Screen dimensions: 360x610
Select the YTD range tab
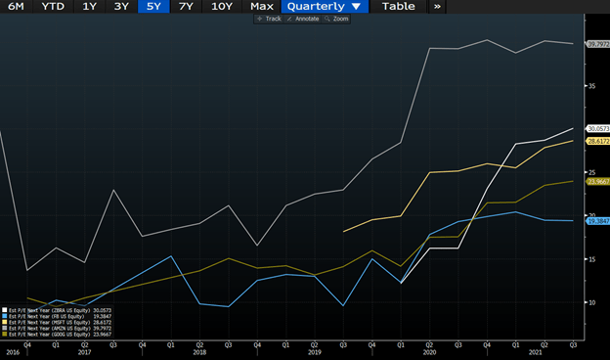pyautogui.click(x=54, y=7)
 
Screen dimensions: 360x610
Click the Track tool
pyautogui.click(x=270, y=19)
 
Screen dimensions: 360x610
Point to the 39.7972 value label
pyautogui.click(x=597, y=44)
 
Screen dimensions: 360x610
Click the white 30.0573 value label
pyautogui.click(x=597, y=129)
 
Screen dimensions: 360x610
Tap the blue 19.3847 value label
pyautogui.click(x=597, y=221)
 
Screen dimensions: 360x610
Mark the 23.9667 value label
pyautogui.click(x=597, y=182)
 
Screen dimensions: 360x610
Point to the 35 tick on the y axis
pyautogui.click(x=590, y=86)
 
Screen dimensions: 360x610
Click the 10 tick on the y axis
pyautogui.click(x=590, y=302)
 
